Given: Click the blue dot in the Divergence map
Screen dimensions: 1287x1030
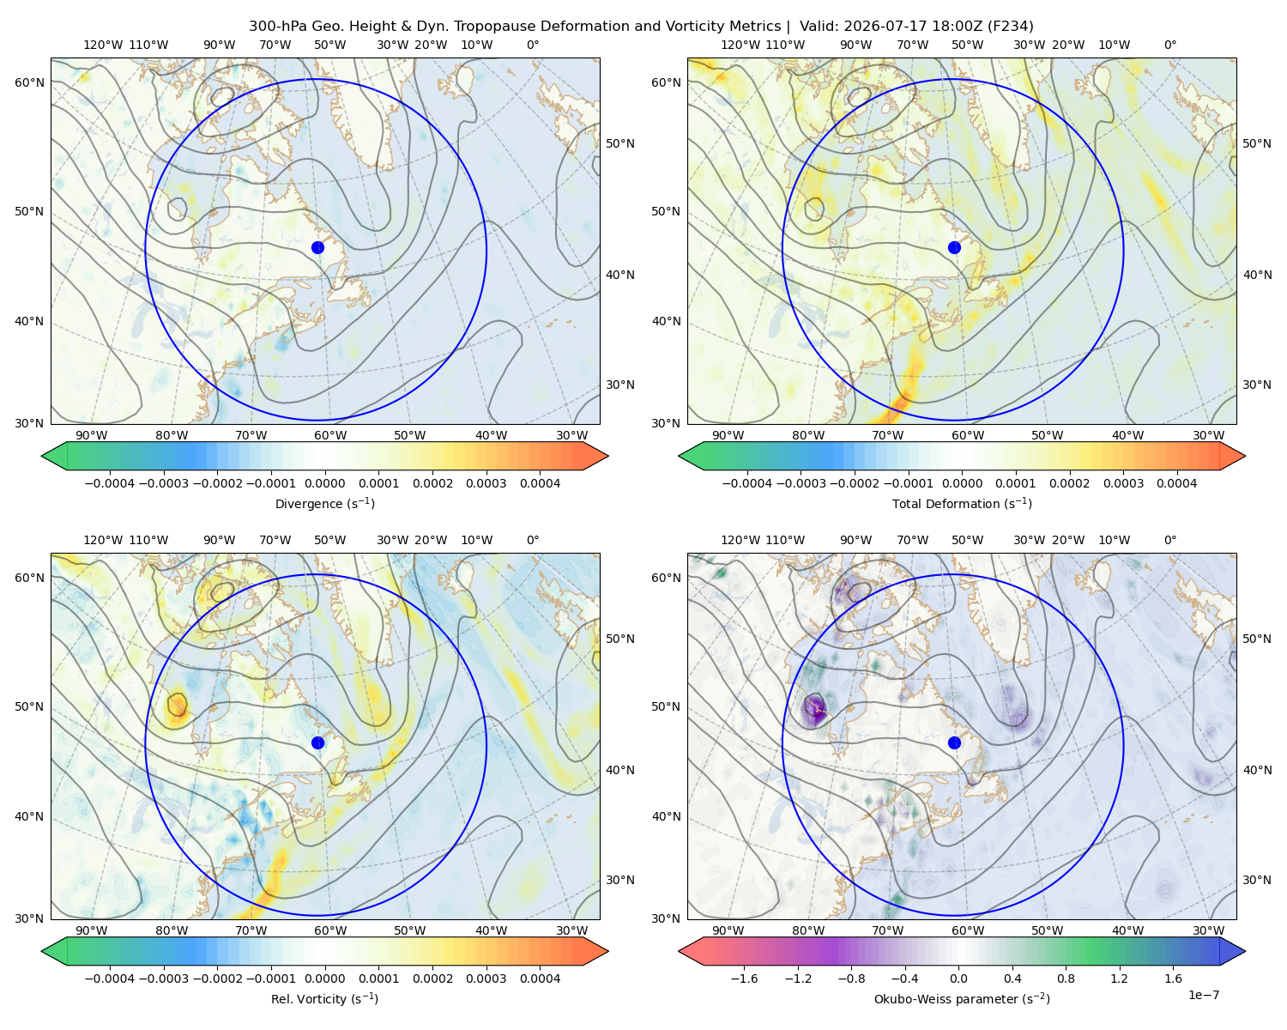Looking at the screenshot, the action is coord(317,248).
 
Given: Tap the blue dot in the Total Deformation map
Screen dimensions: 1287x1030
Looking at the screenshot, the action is coord(954,248).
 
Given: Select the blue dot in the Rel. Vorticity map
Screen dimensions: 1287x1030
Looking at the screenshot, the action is coord(317,742).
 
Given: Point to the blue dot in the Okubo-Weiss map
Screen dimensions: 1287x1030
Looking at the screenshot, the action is coord(954,742).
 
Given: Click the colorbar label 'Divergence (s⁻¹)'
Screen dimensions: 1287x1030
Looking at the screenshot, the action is coord(324,504).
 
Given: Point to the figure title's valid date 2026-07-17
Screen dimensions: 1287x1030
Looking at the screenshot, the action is coord(878,27).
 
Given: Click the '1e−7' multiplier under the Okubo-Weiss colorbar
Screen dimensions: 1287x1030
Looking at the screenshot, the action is coord(1203,995).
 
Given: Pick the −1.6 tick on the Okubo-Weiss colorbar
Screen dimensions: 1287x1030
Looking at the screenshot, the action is coord(744,978).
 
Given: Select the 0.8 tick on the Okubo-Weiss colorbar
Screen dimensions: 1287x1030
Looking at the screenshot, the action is coord(1066,978).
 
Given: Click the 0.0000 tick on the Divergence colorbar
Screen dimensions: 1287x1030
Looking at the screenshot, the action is coord(324,483).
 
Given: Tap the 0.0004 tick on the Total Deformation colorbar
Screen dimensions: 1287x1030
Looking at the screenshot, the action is coord(1177,483).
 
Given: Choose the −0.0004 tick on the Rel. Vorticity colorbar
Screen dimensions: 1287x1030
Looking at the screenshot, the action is coord(110,978).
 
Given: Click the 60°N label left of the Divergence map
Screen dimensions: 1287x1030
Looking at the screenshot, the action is coord(29,82).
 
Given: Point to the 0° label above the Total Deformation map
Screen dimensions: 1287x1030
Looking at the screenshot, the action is coord(1169,45).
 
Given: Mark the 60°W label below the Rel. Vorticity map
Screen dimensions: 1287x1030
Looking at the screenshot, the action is coord(330,930).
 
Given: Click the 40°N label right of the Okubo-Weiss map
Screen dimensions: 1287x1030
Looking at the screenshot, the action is coord(1257,770).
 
